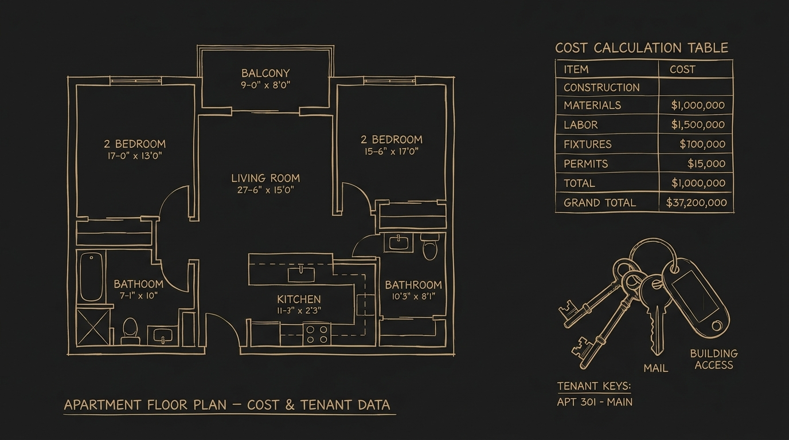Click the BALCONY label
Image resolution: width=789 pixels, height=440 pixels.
265,73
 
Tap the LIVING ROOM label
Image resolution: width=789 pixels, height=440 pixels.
265,178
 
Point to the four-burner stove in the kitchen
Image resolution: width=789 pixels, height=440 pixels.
317,334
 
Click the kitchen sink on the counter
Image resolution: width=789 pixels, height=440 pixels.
301,274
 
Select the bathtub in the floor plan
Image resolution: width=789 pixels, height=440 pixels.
91,277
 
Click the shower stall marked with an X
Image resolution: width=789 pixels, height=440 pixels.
93,327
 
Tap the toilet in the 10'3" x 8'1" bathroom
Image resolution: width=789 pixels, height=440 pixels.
429,247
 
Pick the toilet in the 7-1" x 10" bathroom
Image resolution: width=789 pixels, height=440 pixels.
130,331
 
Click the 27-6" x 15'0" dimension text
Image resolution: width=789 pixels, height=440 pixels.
265,190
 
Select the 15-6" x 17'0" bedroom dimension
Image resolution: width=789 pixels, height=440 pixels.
391,151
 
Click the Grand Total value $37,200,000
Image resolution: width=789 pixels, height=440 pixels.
696,202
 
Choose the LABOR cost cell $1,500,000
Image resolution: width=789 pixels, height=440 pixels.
698,124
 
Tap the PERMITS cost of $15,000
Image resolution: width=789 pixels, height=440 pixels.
706,163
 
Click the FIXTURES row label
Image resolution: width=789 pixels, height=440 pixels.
588,144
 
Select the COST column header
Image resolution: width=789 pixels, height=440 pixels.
682,69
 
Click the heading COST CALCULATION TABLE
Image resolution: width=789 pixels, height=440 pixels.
642,48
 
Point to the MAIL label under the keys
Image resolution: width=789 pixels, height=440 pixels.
655,368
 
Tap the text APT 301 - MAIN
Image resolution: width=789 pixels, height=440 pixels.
595,402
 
